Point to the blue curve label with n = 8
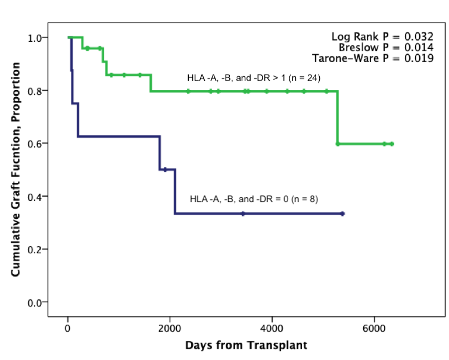click(x=254, y=199)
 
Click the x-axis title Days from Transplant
click(x=246, y=345)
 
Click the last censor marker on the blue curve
click(x=342, y=213)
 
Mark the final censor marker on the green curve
click(x=392, y=144)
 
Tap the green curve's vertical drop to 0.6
click(x=338, y=117)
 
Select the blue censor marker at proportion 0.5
click(x=165, y=169)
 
